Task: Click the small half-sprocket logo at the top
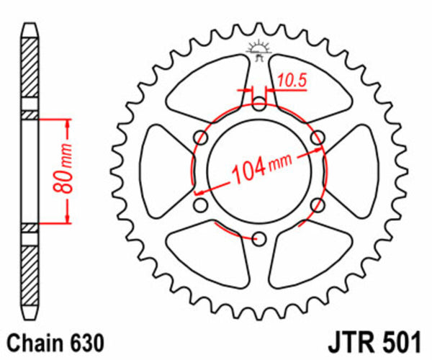[258, 49]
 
